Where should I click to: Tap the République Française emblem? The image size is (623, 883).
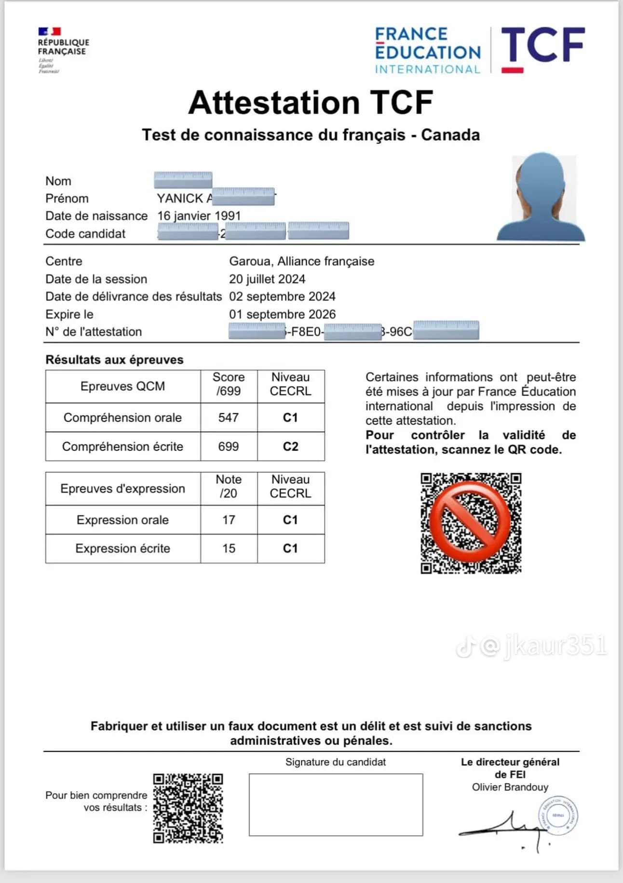coord(63,50)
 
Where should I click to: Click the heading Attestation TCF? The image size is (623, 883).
coord(311,103)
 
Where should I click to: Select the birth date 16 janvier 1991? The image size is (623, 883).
coord(199,216)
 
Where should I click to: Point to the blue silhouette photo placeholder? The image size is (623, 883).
coord(541,198)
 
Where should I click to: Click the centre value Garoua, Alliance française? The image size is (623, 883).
coord(301,261)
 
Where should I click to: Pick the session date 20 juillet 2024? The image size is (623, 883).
coord(267,279)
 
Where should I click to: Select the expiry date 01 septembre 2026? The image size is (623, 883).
coord(282,314)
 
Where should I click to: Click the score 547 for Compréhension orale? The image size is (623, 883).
coord(228,417)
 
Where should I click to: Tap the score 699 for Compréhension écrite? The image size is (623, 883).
coord(228,446)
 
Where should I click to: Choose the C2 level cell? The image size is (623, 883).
coord(290,446)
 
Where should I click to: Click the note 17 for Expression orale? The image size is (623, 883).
coord(229,520)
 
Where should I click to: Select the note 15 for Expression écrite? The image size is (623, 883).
coord(229,549)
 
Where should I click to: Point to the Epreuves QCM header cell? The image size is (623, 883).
coord(122,386)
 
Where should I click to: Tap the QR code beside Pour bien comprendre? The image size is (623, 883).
coord(188,808)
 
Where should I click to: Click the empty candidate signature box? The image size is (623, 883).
coord(336,804)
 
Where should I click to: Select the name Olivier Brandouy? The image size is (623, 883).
coord(510,787)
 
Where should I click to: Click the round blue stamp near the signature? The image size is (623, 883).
coord(558,816)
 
